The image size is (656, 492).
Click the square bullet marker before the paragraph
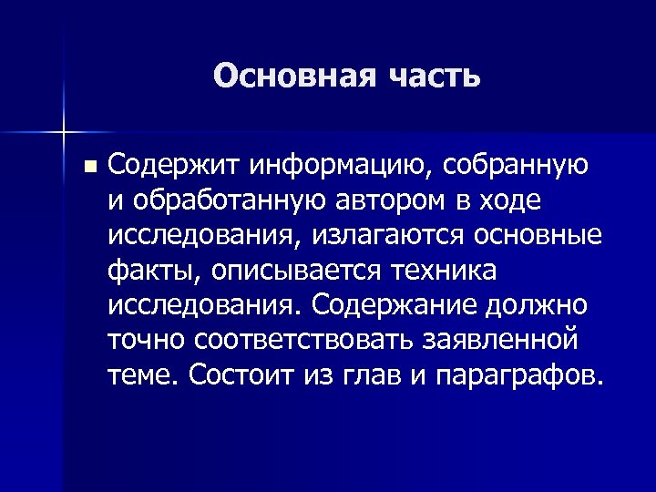87,167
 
